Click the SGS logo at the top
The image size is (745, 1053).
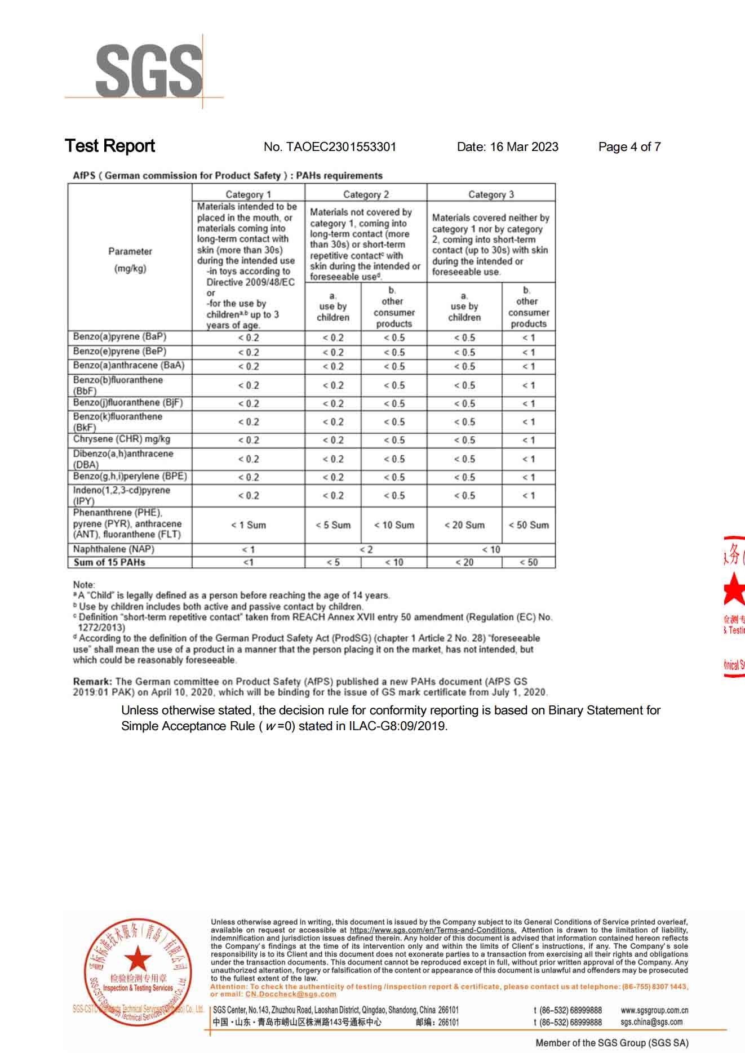point(148,72)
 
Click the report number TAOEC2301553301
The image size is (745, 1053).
point(341,147)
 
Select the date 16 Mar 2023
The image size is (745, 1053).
point(524,147)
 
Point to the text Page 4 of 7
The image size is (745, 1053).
point(629,147)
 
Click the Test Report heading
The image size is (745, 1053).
point(110,146)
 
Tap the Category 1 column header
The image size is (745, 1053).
point(248,194)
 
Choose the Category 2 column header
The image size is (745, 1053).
point(366,194)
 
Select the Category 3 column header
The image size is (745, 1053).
point(491,194)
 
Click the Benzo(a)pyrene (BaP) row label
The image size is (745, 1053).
point(119,337)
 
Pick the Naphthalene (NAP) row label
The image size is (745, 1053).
point(113,549)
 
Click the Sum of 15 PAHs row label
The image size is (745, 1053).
point(109,562)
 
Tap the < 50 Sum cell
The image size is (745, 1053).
point(529,525)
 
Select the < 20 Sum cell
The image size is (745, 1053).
point(464,525)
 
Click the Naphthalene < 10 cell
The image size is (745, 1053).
point(491,549)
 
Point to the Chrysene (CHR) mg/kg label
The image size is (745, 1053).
point(121,439)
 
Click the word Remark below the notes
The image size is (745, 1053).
point(92,682)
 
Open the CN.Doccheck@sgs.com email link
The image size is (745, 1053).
point(290,994)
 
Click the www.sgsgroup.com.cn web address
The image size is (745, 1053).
point(654,1010)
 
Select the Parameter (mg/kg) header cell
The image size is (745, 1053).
point(130,260)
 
